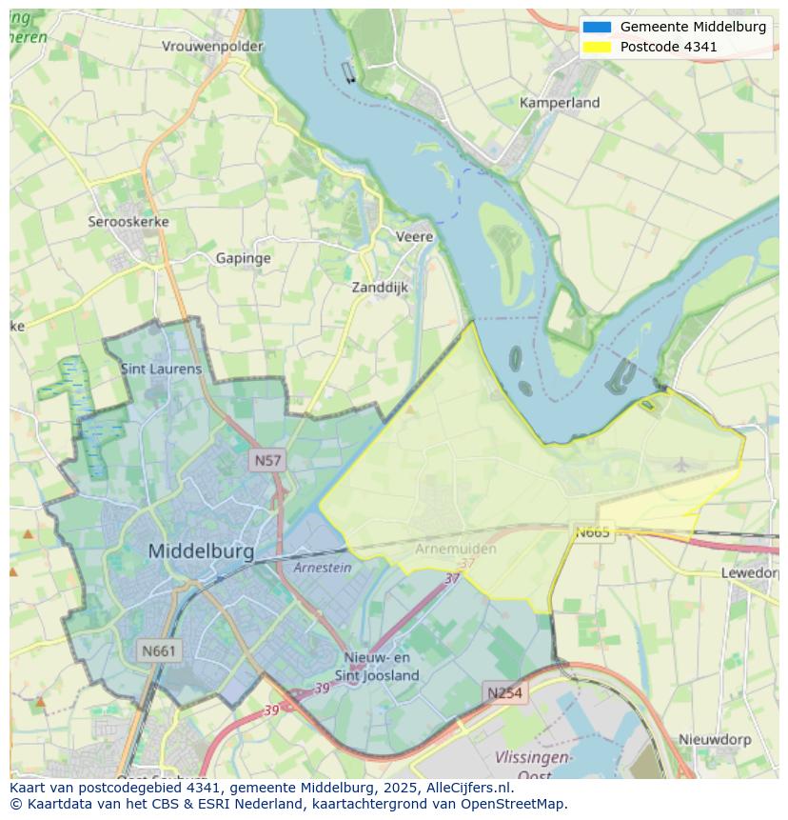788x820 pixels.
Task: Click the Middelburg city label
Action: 201,550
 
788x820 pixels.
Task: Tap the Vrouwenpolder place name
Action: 211,46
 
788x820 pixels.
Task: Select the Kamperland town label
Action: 560,102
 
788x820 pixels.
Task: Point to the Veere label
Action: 414,236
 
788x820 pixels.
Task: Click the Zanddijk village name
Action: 380,287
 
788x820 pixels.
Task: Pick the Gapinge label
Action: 243,258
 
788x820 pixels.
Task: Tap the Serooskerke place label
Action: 128,221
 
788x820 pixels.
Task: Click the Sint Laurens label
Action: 161,368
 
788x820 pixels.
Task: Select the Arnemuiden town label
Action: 456,549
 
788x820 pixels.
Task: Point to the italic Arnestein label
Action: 322,568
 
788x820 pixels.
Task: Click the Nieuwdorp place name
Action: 715,739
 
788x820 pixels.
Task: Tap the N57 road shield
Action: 267,461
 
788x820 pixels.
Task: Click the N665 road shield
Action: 592,532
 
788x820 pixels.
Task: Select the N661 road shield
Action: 158,651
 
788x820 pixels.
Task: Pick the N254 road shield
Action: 504,693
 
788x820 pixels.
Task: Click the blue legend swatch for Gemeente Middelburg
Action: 597,27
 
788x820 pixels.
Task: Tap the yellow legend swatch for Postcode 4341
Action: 597,47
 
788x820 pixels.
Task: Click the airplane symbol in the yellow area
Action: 681,465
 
